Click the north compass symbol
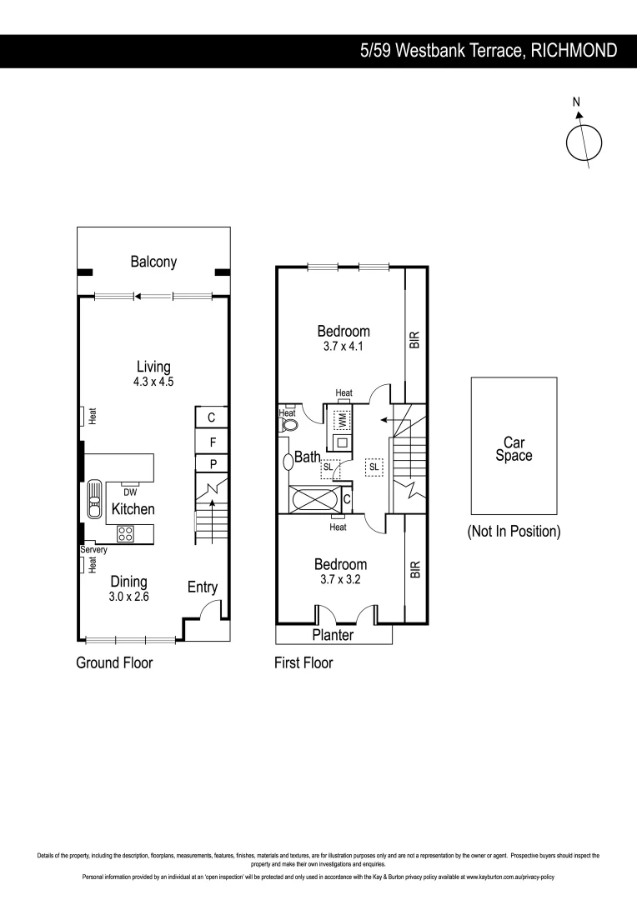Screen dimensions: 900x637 click(x=584, y=140)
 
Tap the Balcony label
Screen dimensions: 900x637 click(x=153, y=262)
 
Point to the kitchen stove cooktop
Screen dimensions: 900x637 click(x=126, y=534)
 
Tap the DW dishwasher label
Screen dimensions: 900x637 click(x=129, y=492)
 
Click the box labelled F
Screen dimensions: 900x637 click(x=212, y=442)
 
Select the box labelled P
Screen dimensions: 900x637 click(x=212, y=464)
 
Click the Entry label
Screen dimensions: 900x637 click(x=202, y=587)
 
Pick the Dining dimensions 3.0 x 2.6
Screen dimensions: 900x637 click(x=128, y=597)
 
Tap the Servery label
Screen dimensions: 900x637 click(x=93, y=551)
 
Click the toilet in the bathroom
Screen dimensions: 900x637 click(x=289, y=423)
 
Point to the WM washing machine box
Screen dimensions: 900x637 click(x=340, y=418)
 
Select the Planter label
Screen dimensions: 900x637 click(x=333, y=635)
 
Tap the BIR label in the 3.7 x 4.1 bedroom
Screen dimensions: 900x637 click(x=414, y=340)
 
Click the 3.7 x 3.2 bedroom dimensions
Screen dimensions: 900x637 click(x=342, y=579)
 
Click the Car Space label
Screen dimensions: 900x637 click(x=514, y=449)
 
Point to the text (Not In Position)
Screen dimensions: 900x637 click(x=514, y=531)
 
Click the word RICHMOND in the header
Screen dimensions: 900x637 click(x=574, y=51)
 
